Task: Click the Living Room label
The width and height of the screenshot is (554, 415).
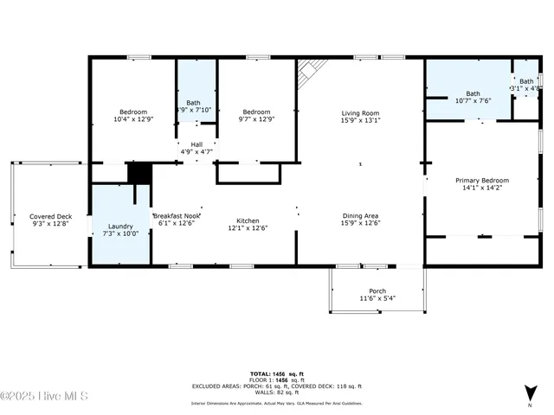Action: tap(361, 112)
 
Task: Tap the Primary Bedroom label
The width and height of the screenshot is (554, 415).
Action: tap(482, 180)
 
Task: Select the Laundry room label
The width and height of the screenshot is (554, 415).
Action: tap(120, 226)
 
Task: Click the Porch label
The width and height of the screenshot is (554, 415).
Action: tap(377, 290)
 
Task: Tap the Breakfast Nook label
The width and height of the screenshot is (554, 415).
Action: tap(177, 215)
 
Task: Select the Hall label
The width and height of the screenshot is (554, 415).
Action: tap(196, 144)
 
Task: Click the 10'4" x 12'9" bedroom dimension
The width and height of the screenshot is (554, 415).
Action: tap(133, 120)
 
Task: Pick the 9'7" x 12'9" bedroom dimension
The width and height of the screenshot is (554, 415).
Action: tap(256, 120)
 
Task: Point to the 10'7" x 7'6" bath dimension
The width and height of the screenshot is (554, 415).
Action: tap(473, 100)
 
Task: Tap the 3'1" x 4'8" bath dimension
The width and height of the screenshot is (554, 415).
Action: tap(525, 88)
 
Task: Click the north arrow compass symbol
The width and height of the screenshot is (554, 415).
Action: tap(530, 394)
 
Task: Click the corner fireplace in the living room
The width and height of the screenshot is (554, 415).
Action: tap(311, 73)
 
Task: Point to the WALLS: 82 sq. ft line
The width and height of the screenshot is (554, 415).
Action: tap(277, 393)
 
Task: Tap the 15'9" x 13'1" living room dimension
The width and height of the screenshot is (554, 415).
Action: tap(361, 120)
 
